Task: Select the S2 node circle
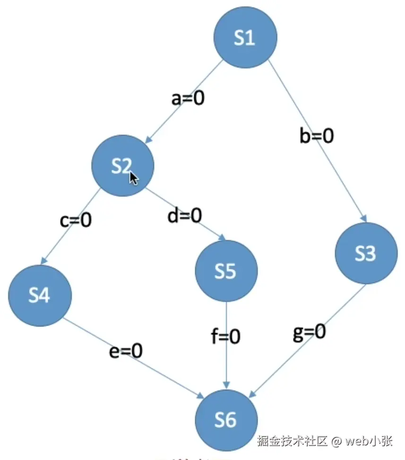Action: click(122, 165)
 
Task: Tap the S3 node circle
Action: click(366, 253)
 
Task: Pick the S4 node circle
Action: click(40, 295)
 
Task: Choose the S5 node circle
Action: click(226, 271)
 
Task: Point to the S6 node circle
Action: click(226, 419)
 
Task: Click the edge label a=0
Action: click(188, 99)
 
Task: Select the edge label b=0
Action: click(317, 136)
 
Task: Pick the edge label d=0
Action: click(184, 216)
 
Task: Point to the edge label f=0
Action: click(225, 337)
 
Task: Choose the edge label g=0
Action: click(309, 333)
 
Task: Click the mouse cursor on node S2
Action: click(134, 178)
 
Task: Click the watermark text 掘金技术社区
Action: click(293, 441)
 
